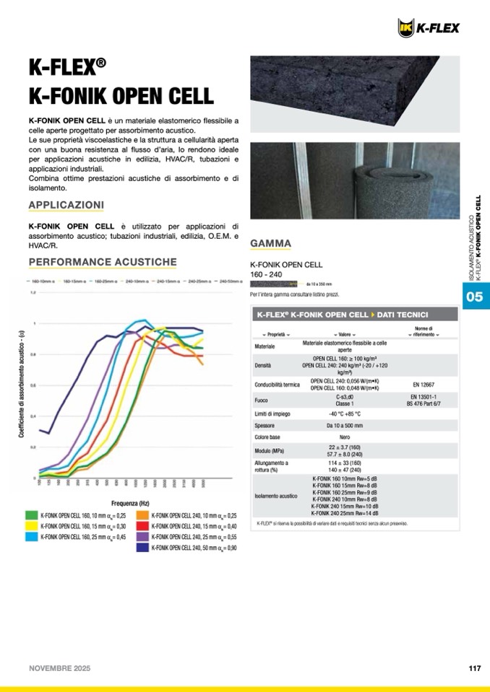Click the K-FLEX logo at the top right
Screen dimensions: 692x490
pyautogui.click(x=429, y=27)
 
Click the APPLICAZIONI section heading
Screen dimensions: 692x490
pyautogui.click(x=66, y=205)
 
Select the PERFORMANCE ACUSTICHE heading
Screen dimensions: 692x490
pyautogui.click(x=102, y=261)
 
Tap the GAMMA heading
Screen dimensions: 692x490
pyautogui.click(x=270, y=243)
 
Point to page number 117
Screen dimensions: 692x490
pyautogui.click(x=474, y=668)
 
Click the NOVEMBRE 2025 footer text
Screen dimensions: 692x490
pyautogui.click(x=61, y=668)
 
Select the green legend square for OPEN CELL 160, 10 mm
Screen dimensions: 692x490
pyautogui.click(x=32, y=515)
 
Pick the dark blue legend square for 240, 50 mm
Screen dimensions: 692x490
pyautogui.click(x=142, y=548)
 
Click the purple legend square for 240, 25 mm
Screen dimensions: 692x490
pyautogui.click(x=142, y=537)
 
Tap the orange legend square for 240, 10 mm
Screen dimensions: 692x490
pyautogui.click(x=142, y=515)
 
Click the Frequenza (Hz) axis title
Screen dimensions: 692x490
pyautogui.click(x=131, y=502)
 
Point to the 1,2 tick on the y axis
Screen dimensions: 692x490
pyautogui.click(x=33, y=293)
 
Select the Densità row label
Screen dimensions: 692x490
pyautogui.click(x=263, y=366)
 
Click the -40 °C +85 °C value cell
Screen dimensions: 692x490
pyautogui.click(x=344, y=413)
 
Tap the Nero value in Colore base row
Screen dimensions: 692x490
pyautogui.click(x=345, y=437)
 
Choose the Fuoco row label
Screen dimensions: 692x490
pyautogui.click(x=262, y=400)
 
